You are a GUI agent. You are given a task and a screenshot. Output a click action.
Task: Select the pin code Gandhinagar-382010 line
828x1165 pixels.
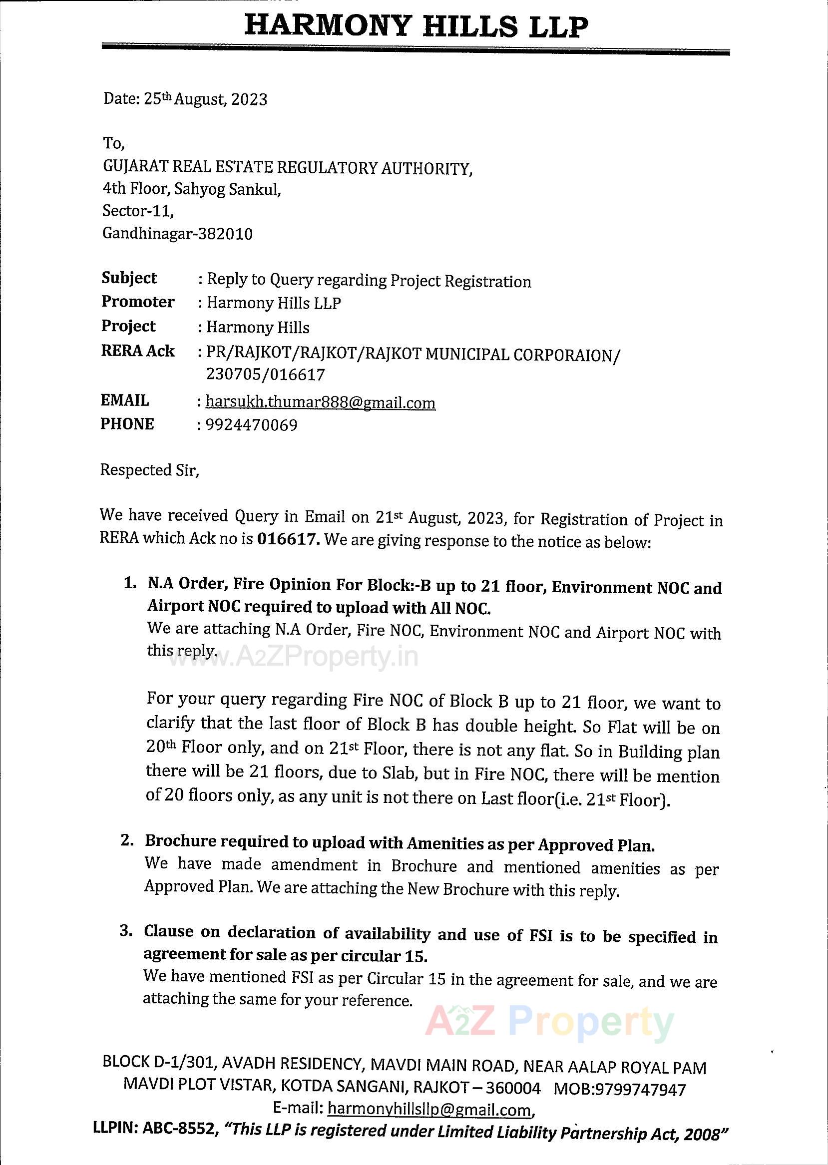pos(177,234)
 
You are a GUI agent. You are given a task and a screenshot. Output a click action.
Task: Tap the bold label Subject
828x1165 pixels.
pos(129,278)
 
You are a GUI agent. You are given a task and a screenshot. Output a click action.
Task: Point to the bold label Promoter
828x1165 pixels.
pos(138,302)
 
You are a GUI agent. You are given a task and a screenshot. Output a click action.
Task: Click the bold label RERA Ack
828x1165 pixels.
pos(138,351)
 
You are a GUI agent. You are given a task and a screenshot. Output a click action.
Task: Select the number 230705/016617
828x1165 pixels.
pos(265,375)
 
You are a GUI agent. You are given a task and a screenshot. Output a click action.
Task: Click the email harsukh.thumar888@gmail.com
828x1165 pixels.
pos(320,403)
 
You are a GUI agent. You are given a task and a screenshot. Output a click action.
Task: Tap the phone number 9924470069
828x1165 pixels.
pos(251,424)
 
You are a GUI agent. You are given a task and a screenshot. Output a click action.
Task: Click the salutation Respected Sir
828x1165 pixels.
pos(149,469)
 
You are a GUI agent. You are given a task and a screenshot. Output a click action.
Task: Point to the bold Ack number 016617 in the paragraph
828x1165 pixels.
pos(289,539)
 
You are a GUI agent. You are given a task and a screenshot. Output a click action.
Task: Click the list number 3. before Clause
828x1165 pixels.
pos(126,931)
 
